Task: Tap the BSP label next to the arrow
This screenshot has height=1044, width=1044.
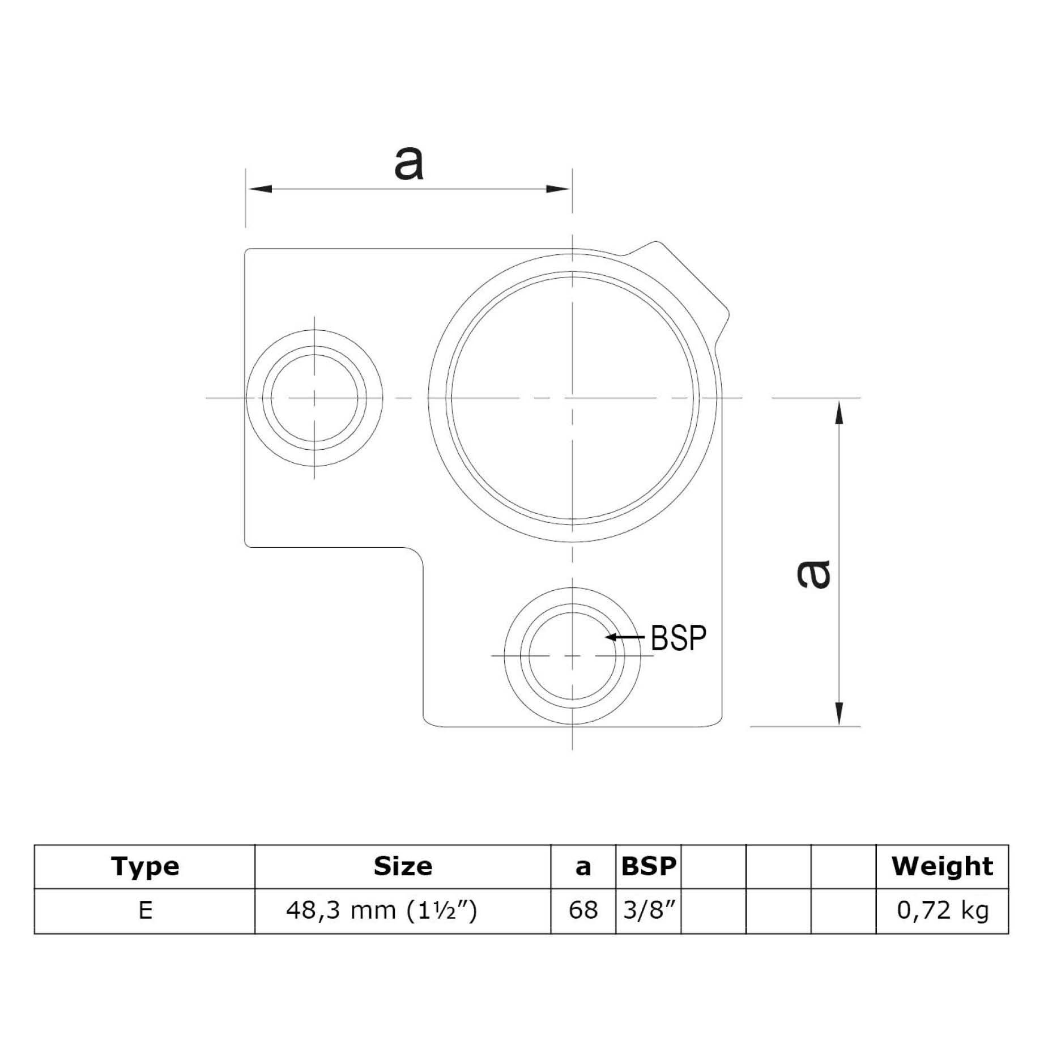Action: click(679, 638)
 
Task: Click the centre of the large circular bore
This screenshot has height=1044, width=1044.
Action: click(573, 398)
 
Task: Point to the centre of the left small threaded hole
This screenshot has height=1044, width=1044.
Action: click(314, 398)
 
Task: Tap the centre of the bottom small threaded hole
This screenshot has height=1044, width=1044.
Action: click(573, 656)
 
